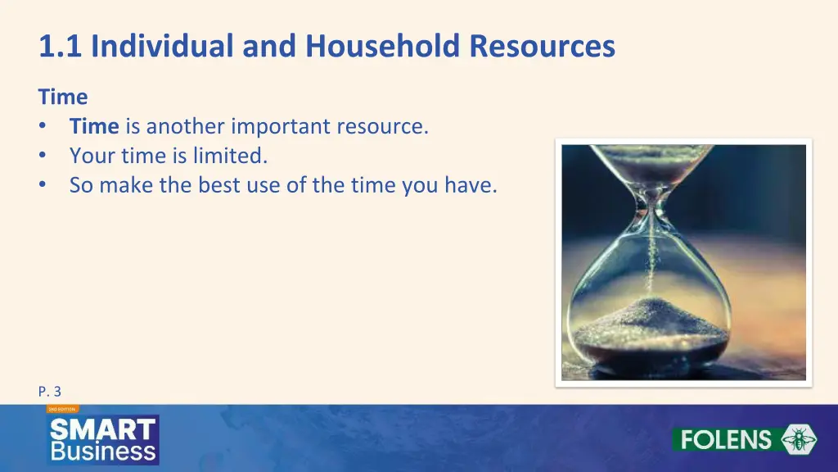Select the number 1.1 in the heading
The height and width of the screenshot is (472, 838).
(61, 47)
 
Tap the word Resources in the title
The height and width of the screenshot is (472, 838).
(542, 47)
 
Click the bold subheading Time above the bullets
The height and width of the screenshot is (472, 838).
(62, 97)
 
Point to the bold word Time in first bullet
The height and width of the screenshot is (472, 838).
(94, 127)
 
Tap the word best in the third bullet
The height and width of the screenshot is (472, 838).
(218, 185)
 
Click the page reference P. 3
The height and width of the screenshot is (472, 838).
(49, 392)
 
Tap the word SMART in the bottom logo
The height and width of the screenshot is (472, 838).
(103, 429)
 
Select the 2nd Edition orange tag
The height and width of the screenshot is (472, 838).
(62, 408)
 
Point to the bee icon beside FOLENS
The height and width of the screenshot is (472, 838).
(798, 440)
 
